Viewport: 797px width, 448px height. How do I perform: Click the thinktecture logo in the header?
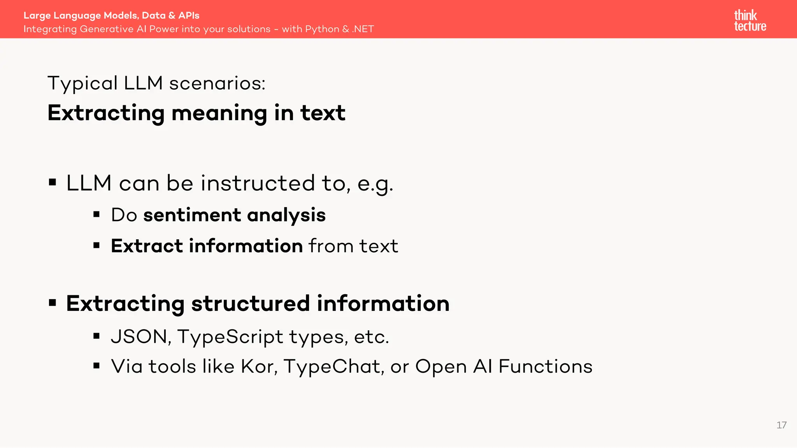[750, 21]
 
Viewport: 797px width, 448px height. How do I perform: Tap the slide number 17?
[781, 425]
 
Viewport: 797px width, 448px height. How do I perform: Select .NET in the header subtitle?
[363, 29]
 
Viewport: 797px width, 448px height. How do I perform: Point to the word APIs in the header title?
[189, 16]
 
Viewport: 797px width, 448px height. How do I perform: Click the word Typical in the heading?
[83, 83]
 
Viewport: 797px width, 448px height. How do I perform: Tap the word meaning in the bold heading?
[219, 113]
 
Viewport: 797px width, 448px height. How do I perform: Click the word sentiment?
[192, 215]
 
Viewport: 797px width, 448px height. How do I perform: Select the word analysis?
[286, 215]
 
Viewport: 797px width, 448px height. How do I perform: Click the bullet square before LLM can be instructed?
[53, 182]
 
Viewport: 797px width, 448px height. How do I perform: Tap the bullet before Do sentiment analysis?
[97, 214]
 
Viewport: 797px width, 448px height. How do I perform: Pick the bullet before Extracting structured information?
[53, 303]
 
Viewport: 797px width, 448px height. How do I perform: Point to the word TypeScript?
[230, 337]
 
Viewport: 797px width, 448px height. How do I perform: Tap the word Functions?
[545, 366]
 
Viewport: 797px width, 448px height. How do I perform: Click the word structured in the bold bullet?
[250, 303]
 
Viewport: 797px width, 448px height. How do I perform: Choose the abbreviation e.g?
[375, 184]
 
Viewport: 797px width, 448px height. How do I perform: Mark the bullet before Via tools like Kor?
[97, 366]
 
